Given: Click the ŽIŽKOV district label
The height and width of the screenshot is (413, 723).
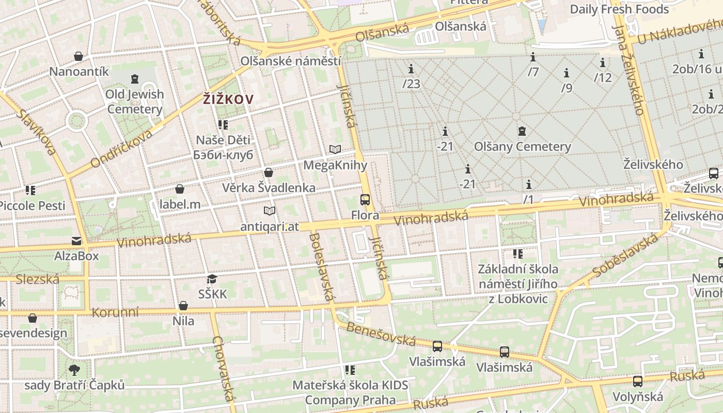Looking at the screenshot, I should coord(228,99).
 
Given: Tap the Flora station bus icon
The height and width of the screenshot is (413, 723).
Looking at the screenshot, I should coord(365,199).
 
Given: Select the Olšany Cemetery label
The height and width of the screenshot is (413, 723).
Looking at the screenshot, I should coord(523,147).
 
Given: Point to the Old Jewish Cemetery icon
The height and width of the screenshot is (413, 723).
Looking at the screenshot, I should coord(135,79).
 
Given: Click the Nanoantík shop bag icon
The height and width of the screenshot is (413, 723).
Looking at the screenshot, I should coord(78,56).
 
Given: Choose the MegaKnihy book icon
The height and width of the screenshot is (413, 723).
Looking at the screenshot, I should coord(335,150).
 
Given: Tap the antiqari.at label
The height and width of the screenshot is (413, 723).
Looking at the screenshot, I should coord(270,227).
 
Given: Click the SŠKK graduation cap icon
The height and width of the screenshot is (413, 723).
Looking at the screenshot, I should coord(212,279).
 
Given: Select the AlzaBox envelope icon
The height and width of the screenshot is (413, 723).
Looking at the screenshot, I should coord(76,241).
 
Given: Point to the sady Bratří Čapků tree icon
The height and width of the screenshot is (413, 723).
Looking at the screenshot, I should coord(74,370).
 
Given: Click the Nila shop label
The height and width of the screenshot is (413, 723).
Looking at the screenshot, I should coord(183,321).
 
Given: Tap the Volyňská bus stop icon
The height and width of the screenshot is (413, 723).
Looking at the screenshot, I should coord(638,382).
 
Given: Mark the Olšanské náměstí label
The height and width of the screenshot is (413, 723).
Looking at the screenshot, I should coord(291,61).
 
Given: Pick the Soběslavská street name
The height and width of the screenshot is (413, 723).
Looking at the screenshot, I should coord(626,255).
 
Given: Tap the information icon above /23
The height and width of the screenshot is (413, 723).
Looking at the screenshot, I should coord(411,69).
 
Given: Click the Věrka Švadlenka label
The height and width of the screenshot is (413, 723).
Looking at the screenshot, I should coord(269,187).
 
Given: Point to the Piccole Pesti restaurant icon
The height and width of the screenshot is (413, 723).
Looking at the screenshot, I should coord(30,190).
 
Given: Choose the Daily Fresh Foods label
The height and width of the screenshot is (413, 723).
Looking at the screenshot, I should coord(619,9).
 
